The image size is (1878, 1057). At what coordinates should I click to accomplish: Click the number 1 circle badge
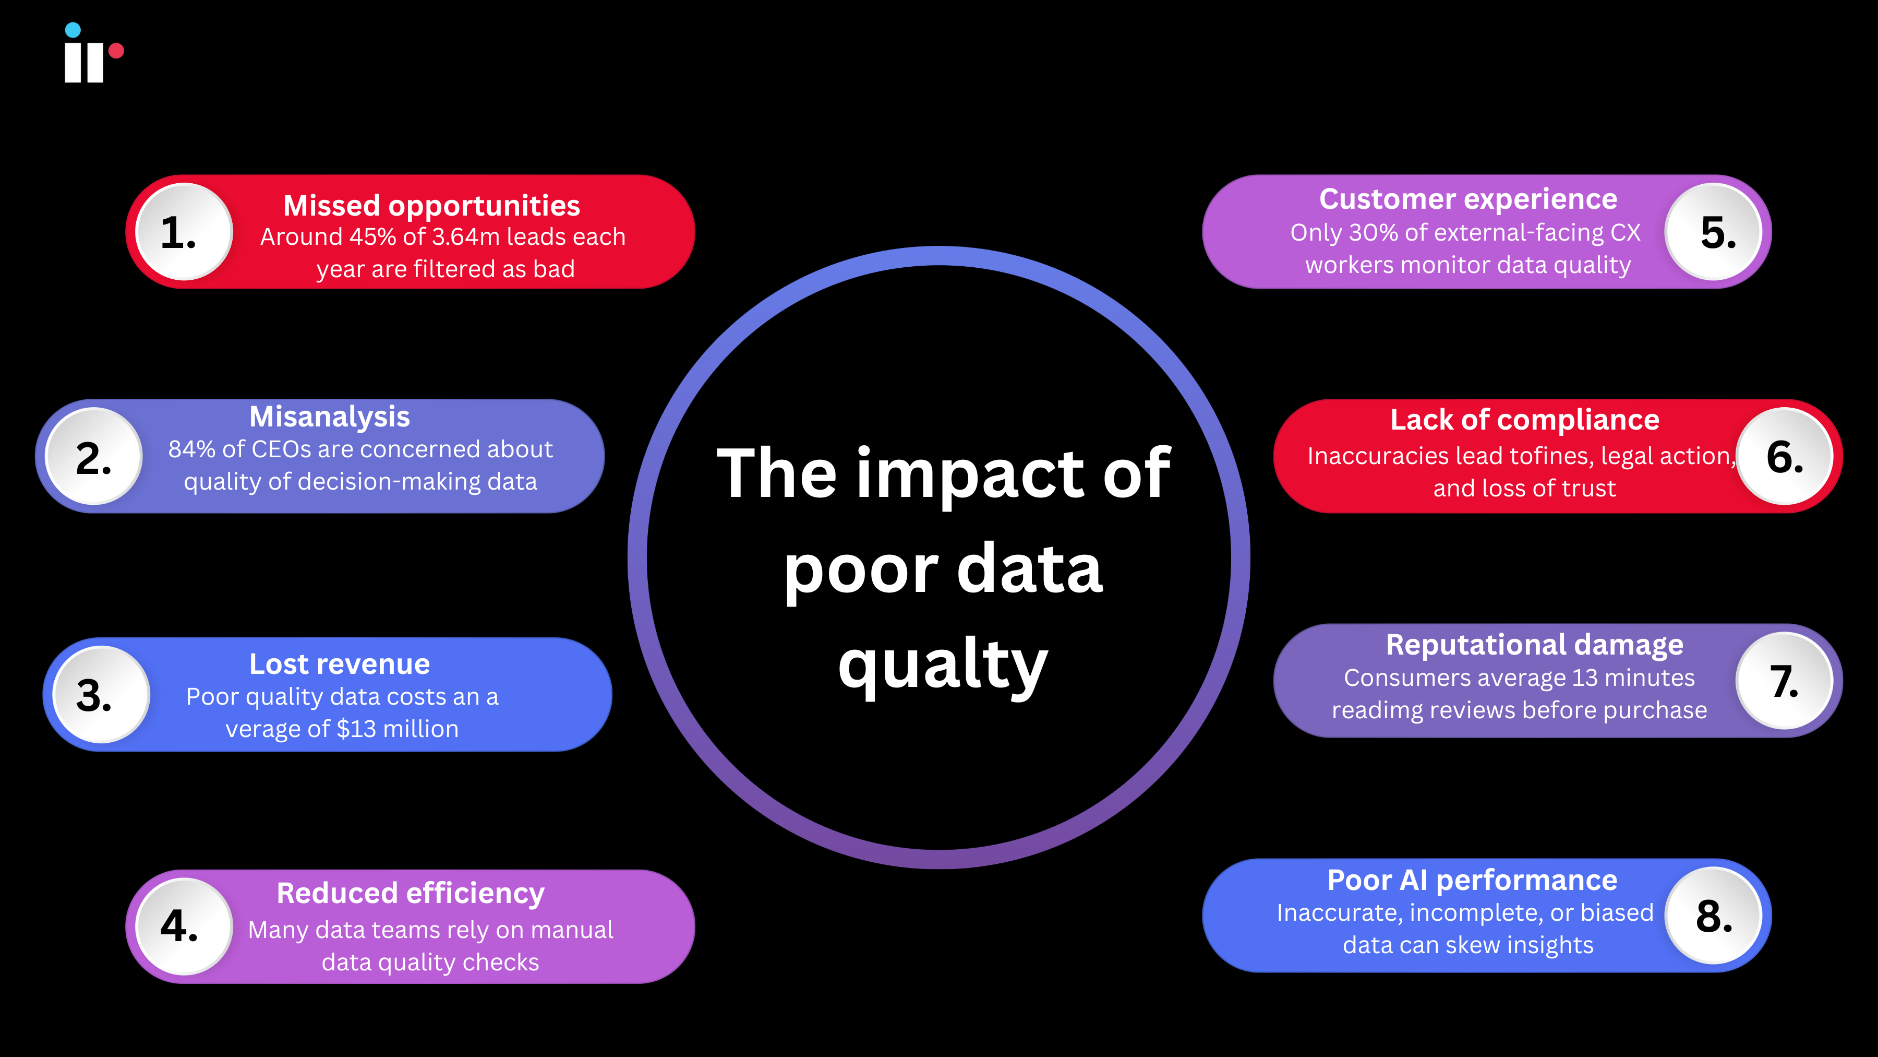[184, 232]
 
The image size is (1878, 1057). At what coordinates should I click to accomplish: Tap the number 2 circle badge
[94, 457]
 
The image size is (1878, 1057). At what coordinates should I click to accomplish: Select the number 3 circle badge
[101, 694]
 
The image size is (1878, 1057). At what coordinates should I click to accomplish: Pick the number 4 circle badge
[184, 927]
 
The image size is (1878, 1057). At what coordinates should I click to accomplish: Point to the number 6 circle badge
[1784, 457]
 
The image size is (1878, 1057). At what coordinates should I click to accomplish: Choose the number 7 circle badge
[1784, 681]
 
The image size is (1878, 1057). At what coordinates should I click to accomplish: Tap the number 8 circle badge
[1713, 916]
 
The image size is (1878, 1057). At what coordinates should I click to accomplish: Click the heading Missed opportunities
[431, 206]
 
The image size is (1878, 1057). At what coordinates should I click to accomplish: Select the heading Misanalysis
[330, 417]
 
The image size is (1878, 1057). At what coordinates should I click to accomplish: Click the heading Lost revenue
[340, 664]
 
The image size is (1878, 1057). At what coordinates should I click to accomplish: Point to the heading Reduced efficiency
[411, 894]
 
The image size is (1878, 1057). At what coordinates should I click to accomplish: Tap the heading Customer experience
[1467, 199]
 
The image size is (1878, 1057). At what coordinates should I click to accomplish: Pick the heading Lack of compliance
[1524, 420]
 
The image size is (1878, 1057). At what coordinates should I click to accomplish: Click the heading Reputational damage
[1534, 645]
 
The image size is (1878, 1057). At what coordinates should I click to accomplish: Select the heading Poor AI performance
[1472, 881]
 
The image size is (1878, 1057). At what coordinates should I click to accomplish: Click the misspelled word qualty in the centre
[943, 666]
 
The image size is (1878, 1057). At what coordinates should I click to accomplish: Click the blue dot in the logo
[73, 30]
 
